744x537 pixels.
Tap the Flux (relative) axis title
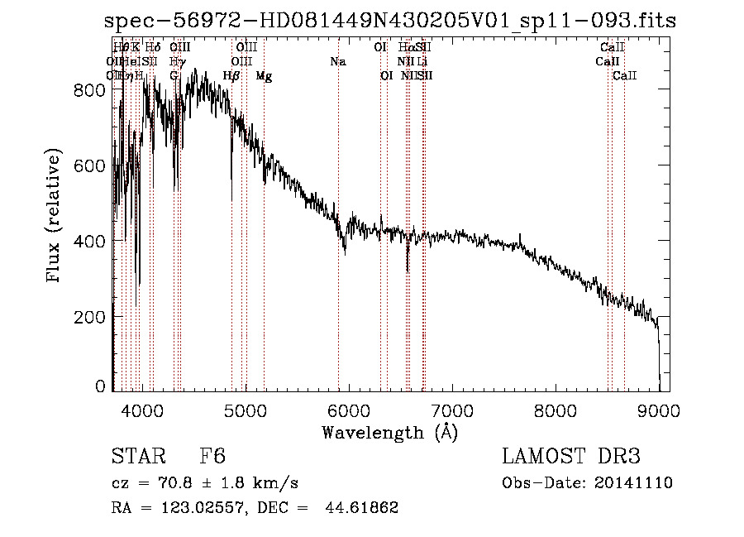point(55,217)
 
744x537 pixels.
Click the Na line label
point(337,61)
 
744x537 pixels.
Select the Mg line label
point(264,76)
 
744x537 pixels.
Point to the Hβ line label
point(231,76)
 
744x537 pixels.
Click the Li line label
point(422,61)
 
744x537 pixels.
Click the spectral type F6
point(212,457)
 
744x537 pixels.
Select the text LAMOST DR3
point(571,457)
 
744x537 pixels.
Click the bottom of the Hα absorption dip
point(407,271)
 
